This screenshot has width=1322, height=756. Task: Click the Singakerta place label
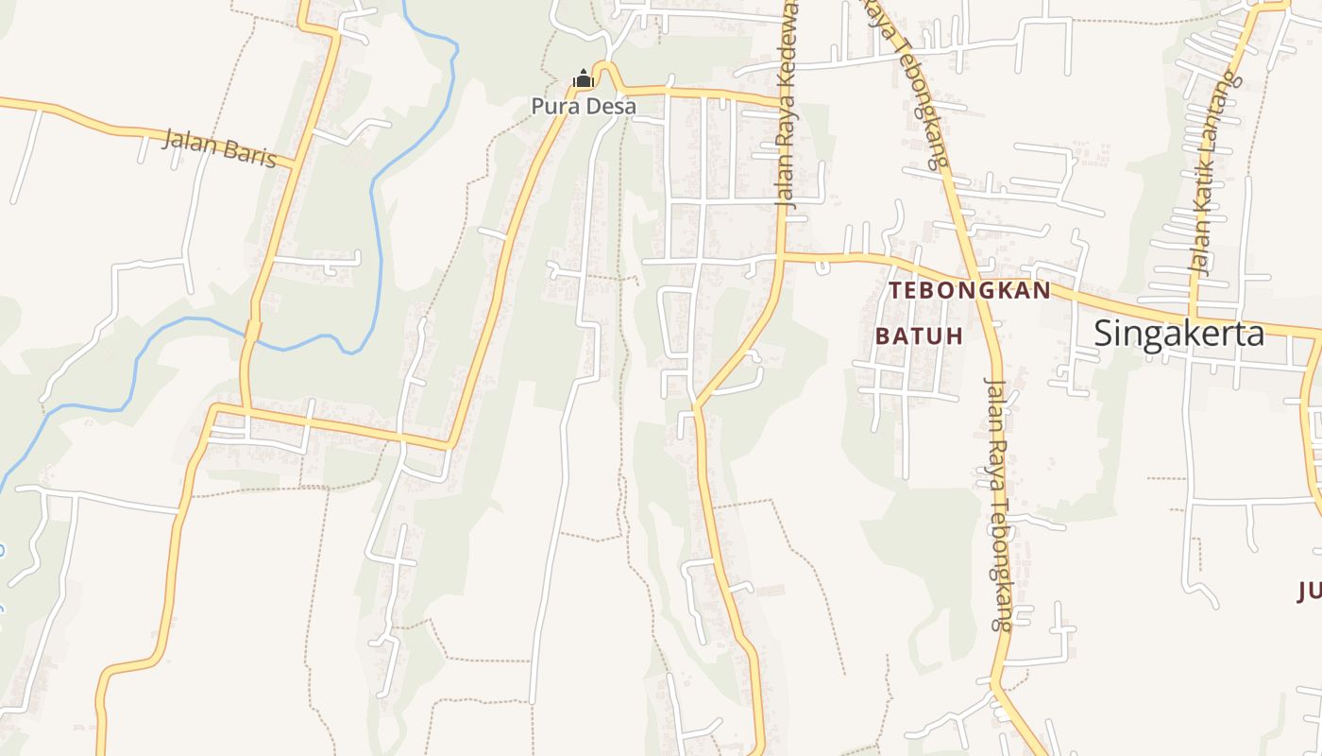pyautogui.click(x=1178, y=334)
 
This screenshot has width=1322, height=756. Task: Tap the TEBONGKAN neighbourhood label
pyautogui.click(x=970, y=290)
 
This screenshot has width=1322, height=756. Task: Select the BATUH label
pyautogui.click(x=919, y=335)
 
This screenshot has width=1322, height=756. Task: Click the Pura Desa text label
pyautogui.click(x=584, y=106)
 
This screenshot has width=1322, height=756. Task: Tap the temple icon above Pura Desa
pyautogui.click(x=584, y=78)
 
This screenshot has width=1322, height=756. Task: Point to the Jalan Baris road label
pyautogui.click(x=219, y=148)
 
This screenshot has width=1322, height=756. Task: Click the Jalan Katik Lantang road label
pyautogui.click(x=1213, y=172)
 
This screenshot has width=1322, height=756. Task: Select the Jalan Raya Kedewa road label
pyautogui.click(x=786, y=104)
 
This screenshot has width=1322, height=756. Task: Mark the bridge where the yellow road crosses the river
pyautogui.click(x=252, y=330)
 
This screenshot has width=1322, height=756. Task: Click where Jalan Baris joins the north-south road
pyautogui.click(x=297, y=166)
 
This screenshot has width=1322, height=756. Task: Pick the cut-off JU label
pyautogui.click(x=1309, y=593)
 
